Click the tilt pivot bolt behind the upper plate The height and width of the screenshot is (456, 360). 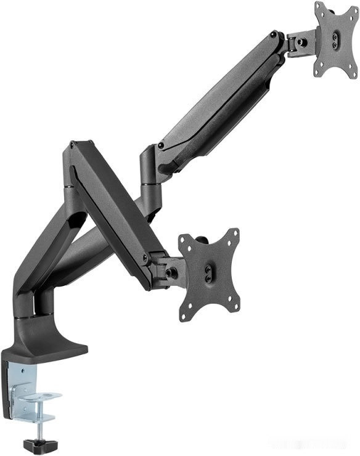(x=301, y=43)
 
